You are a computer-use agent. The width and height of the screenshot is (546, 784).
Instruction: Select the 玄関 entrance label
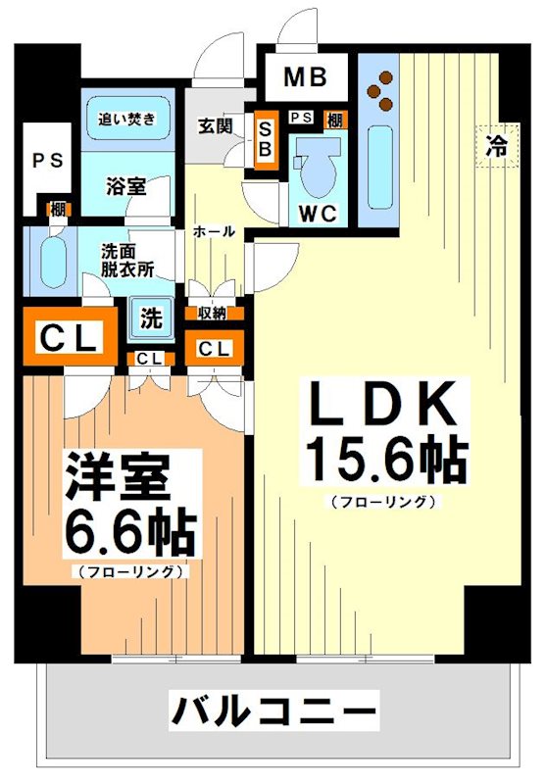tap(214, 127)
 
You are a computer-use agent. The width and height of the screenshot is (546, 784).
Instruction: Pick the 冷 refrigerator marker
tap(497, 147)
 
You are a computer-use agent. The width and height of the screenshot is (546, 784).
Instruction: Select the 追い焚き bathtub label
tap(126, 121)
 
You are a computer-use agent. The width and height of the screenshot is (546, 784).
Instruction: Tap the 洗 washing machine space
tap(151, 318)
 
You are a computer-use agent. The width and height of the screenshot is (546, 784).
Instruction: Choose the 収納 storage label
tap(213, 314)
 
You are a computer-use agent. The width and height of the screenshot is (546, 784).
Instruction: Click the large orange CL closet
tap(68, 339)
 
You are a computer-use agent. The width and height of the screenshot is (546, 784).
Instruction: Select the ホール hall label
tap(214, 231)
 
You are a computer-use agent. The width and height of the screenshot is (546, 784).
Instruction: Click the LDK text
tap(381, 403)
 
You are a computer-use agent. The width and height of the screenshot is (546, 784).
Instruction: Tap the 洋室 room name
tap(118, 478)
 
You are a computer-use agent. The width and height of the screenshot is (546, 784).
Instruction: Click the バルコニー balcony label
tap(274, 709)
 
